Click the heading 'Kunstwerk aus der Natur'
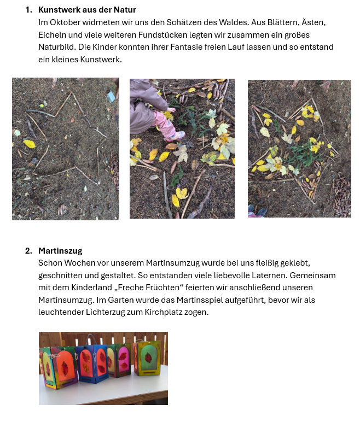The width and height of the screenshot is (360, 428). [87, 10]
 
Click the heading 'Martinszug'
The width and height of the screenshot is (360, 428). [60, 251]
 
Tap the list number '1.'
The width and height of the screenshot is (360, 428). [28, 10]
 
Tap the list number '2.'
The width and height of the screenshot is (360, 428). [28, 251]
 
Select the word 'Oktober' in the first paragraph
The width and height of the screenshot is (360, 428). [62, 22]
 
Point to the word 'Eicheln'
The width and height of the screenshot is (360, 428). [51, 34]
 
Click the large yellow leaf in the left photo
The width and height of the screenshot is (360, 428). [29, 144]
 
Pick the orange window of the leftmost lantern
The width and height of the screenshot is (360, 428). [64, 363]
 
